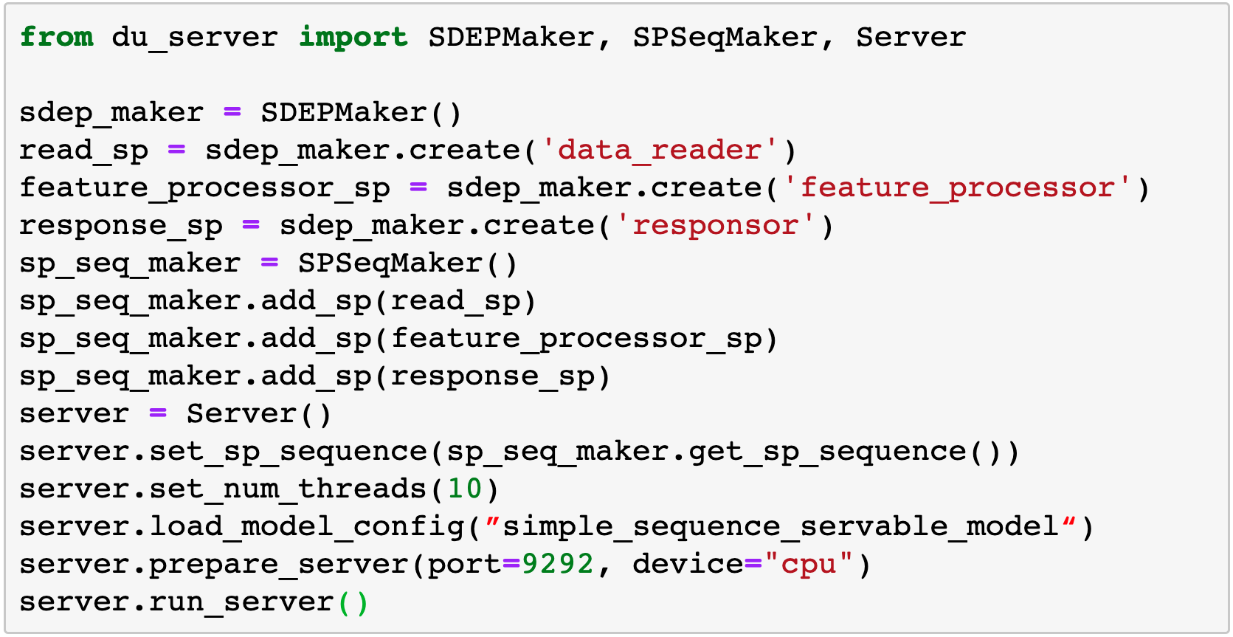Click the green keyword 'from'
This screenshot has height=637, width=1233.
click(x=57, y=38)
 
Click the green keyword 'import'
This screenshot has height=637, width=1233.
click(x=353, y=38)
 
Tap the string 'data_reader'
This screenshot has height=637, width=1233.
click(x=660, y=151)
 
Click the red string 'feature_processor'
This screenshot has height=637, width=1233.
click(x=957, y=187)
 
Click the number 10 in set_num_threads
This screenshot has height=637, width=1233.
click(x=465, y=489)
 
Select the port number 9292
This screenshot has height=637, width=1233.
click(x=558, y=565)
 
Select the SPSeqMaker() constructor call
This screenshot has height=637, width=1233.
click(x=408, y=264)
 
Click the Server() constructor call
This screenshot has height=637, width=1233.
click(x=259, y=414)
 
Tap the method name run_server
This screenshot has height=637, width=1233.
click(x=241, y=602)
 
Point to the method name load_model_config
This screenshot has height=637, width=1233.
click(x=307, y=527)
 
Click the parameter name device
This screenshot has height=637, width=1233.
click(x=688, y=565)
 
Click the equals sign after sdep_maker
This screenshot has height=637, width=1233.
click(x=232, y=111)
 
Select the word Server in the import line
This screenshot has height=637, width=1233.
click(x=911, y=38)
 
